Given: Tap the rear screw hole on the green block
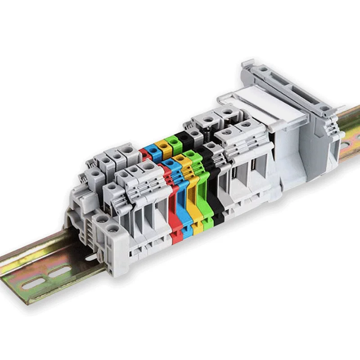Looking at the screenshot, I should [172, 141].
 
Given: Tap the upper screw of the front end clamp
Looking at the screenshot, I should [103, 220].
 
